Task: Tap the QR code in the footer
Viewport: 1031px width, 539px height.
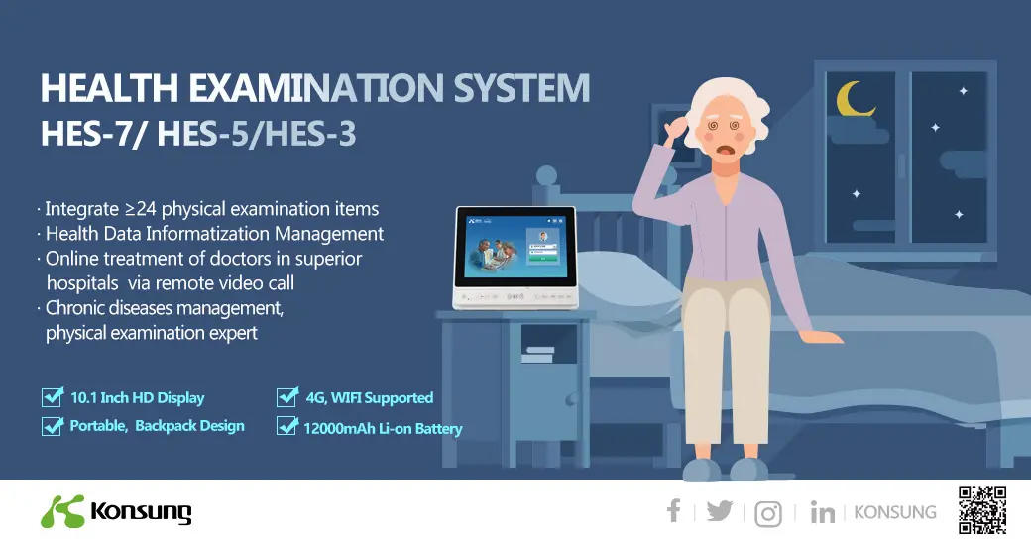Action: point(982,510)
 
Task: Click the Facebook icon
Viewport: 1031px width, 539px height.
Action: point(674,511)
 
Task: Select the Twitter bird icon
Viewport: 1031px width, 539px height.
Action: point(720,511)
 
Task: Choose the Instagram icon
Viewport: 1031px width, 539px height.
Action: point(768,513)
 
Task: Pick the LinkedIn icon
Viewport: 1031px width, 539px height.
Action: point(822,512)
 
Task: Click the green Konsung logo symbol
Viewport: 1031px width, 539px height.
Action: point(61,510)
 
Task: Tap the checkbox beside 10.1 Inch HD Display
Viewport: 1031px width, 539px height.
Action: point(53,397)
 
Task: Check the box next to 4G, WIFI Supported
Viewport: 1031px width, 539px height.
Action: point(287,397)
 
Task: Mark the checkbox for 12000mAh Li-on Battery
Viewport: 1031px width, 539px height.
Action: point(287,427)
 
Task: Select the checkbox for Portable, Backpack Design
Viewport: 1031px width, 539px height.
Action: point(53,426)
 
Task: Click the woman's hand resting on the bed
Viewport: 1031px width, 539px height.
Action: point(822,336)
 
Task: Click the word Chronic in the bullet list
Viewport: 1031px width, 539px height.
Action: point(79,308)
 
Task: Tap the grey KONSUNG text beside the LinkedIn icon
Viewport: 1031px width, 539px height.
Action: point(894,512)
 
